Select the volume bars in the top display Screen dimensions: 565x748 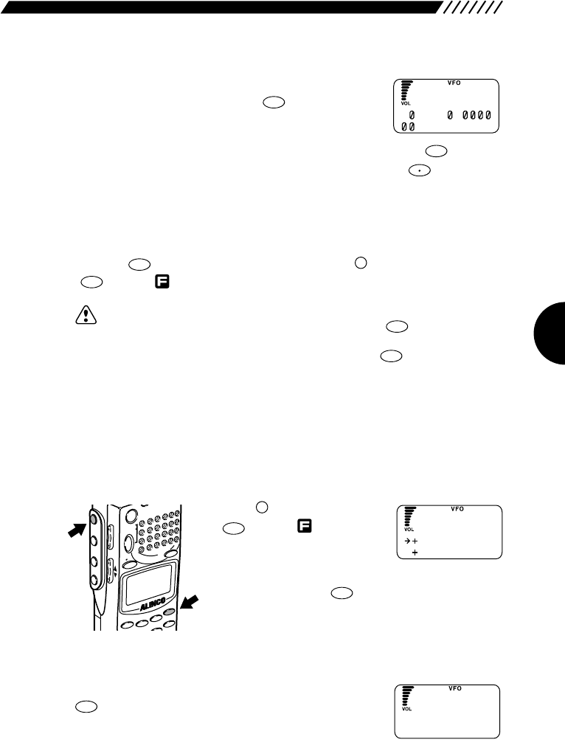point(405,90)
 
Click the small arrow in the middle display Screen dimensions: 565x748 point(406,541)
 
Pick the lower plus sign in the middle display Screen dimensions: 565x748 point(415,553)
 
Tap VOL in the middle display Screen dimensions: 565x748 point(409,530)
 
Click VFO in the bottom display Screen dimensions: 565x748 point(455,688)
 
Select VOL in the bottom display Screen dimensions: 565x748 point(407,709)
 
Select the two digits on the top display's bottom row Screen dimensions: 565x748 point(408,127)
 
